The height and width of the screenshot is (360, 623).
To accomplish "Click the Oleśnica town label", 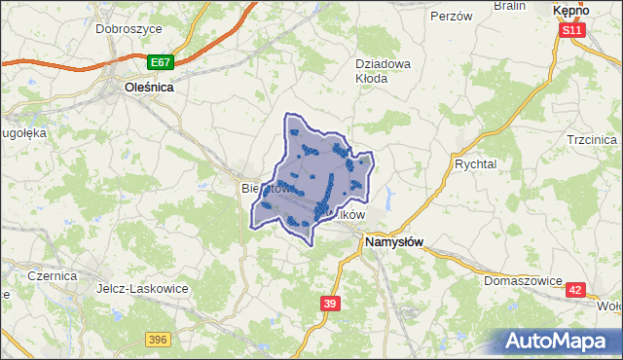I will pos(149,87).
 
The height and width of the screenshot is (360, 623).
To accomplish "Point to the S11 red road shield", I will pos(572,31).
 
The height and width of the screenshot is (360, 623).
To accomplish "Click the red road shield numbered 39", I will pos(330,305).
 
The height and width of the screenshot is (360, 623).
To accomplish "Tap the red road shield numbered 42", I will pos(576,290).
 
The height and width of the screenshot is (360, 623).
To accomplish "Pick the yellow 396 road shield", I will pos(159,339).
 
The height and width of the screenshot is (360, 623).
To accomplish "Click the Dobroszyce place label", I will pos(128,29).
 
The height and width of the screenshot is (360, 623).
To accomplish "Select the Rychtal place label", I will pos(475,164).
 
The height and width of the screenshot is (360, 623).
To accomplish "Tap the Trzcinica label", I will pos(592,140).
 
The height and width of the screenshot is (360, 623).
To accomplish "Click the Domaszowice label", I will pos(523,281).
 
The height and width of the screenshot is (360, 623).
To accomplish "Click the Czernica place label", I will pos(52,276).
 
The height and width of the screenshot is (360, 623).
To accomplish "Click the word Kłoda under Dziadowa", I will pos(371,79).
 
